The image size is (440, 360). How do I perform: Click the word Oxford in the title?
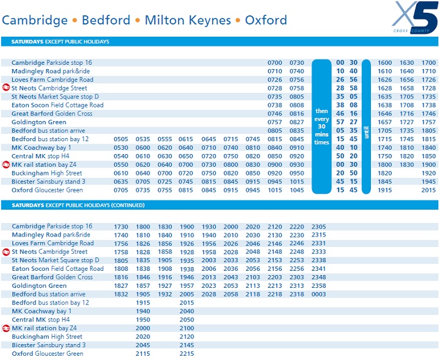coord(266,20)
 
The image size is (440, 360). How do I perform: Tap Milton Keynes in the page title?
coord(188,20)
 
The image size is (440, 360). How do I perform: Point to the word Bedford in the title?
coord(106,20)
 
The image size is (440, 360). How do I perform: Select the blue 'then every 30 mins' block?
coord(321,127)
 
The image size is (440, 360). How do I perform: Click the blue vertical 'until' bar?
coord(367,127)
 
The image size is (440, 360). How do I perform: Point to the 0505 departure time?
coord(121,139)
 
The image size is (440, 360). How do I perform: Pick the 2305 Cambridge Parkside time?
coord(318,227)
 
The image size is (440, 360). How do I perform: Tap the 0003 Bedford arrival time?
coord(318,295)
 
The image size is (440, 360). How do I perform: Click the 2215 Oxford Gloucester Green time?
coord(186,354)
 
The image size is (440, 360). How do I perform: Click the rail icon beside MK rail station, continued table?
coord(6,328)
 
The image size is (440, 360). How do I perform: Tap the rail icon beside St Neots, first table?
coord(6,88)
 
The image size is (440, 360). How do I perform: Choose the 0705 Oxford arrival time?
coord(121,190)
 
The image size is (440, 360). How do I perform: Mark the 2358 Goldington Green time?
coord(318,286)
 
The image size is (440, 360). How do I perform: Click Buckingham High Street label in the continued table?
coord(46,337)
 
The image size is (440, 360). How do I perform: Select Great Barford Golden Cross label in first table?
coord(52,114)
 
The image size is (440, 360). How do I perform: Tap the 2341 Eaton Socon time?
coord(318,269)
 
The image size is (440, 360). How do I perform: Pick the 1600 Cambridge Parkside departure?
coord(385,63)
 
